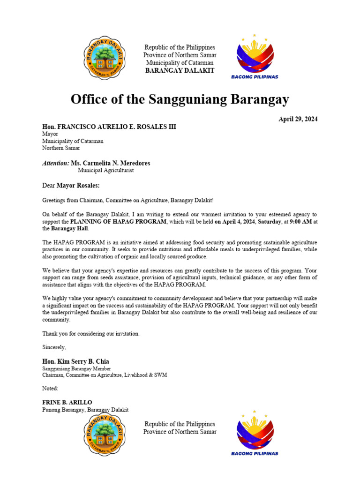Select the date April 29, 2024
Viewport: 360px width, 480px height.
[298, 119]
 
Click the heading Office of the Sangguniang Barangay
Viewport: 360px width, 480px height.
[180, 99]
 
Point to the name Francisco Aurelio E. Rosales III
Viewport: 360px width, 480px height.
[109, 127]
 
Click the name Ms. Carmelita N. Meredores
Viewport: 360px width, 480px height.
[111, 163]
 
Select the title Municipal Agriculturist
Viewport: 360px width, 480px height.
[105, 171]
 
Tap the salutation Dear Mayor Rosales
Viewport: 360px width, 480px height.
[71, 186]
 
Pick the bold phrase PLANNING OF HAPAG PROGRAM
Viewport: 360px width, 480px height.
[118, 221]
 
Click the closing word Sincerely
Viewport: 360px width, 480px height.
[54, 347]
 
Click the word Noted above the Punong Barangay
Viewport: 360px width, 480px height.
[51, 389]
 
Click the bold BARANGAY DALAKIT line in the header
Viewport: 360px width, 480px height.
[180, 70]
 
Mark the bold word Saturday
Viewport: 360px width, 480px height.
[268, 221]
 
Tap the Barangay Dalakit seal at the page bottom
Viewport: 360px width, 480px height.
[106, 435]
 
